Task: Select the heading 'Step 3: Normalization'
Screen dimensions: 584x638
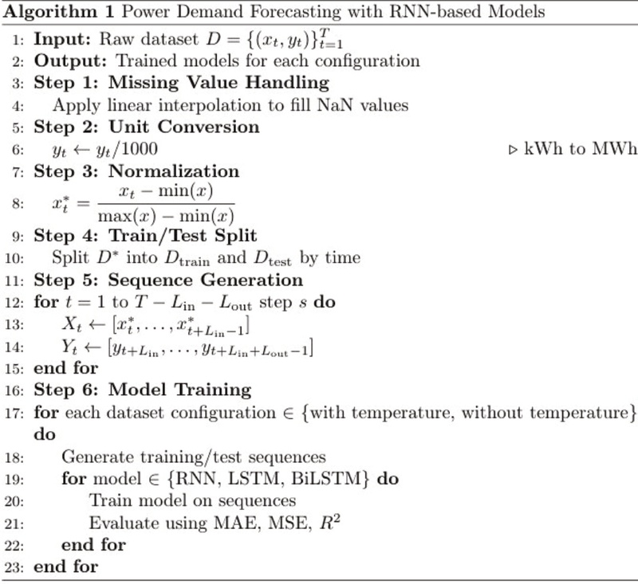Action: [136, 171]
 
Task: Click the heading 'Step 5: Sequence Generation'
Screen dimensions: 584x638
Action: [168, 280]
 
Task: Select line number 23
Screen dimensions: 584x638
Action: [16, 566]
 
